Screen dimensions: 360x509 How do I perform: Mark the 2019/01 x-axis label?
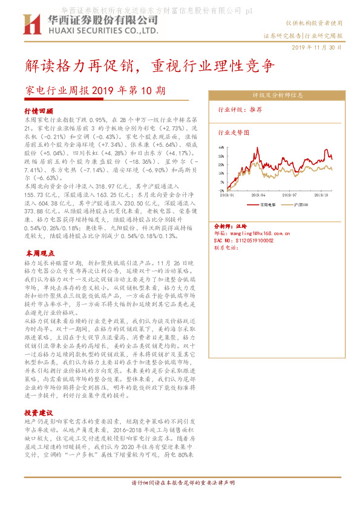[227, 195]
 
